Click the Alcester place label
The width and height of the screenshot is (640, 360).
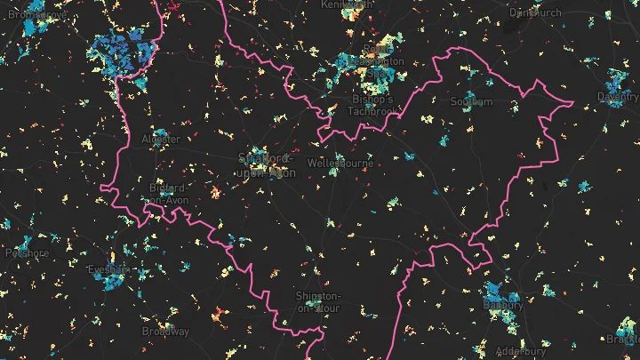[161, 140]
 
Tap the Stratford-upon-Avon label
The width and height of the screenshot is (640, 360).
[267, 166]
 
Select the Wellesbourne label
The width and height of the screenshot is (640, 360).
[339, 164]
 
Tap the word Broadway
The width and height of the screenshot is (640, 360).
[166, 332]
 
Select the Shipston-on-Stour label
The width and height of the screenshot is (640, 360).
[318, 300]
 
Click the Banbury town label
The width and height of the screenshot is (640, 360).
[503, 305]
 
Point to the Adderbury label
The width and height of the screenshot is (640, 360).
[516, 351]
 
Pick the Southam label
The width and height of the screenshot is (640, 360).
[471, 102]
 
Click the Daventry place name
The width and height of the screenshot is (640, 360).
[618, 96]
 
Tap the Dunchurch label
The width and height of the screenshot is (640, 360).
[536, 12]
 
